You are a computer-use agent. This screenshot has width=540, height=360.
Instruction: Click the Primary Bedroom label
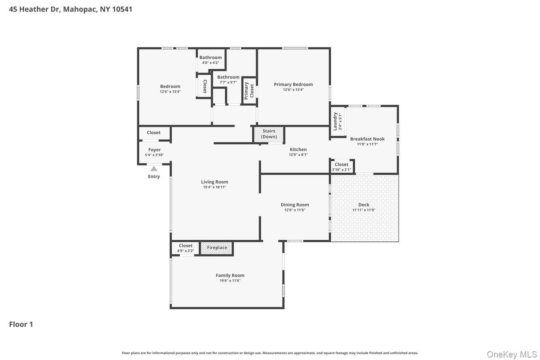[293, 84]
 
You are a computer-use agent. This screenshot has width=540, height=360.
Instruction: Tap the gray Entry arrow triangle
[154, 169]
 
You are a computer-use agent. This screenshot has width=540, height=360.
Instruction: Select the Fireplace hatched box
[217, 248]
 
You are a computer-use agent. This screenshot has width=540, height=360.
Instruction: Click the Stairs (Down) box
[269, 134]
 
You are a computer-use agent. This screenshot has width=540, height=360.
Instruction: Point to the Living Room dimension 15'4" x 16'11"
[214, 187]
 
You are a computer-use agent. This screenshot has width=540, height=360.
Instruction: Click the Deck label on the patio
[364, 205]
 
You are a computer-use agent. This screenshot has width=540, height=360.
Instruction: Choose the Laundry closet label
[336, 121]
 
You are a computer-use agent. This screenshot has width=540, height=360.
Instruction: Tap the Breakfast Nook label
[367, 139]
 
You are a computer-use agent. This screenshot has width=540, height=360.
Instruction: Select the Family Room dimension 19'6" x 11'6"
[230, 281]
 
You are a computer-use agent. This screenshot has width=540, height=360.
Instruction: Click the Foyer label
[154, 150]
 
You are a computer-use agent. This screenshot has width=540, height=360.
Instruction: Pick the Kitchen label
[298, 149]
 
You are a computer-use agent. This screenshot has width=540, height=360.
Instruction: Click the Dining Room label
[295, 205]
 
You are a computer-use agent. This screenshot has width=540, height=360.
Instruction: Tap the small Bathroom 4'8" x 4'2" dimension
[210, 63]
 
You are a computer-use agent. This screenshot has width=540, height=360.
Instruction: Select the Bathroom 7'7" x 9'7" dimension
[228, 82]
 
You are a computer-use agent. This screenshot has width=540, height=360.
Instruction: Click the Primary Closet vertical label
[249, 90]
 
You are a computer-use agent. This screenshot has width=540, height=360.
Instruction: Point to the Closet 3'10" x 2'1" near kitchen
[341, 170]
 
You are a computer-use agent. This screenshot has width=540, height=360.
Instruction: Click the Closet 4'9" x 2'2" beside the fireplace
[186, 251]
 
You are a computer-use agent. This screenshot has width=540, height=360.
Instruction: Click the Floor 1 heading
[21, 324]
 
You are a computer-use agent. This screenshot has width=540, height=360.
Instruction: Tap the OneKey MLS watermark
[512, 355]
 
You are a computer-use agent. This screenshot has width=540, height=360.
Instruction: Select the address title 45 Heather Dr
[70, 9]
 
